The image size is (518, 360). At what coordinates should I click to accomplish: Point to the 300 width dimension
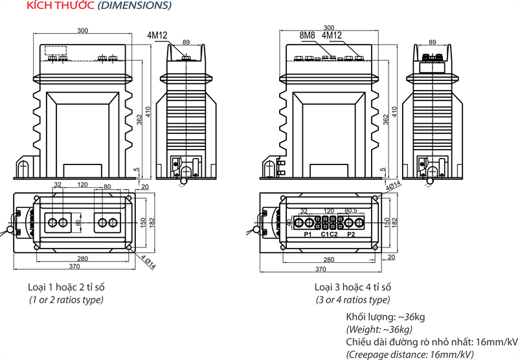click(83, 30)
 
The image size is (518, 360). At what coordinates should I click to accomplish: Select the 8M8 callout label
click(308, 36)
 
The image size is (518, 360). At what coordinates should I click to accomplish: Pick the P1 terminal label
click(308, 234)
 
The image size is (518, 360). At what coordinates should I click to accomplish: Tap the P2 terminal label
click(352, 234)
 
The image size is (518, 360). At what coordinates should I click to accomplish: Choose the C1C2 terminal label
click(330, 234)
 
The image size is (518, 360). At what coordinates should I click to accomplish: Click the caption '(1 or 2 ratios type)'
click(67, 299)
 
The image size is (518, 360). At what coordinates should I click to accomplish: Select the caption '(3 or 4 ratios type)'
click(353, 299)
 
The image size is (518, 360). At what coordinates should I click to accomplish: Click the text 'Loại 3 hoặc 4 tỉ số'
click(353, 287)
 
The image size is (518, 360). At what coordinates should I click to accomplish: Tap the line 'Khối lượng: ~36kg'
click(385, 317)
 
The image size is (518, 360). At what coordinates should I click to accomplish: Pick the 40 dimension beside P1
click(289, 223)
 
